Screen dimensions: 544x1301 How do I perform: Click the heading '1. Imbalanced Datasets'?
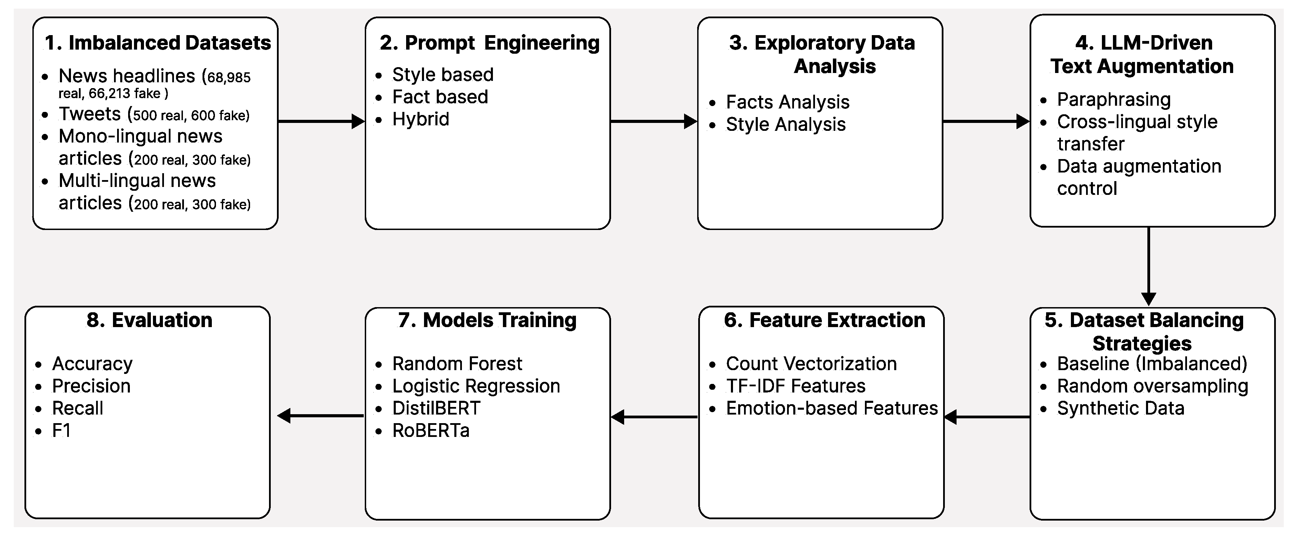(157, 43)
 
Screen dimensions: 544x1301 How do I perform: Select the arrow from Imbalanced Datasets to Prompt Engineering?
(321, 121)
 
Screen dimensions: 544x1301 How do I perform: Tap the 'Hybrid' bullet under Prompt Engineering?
(420, 119)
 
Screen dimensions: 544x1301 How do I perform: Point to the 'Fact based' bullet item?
(440, 97)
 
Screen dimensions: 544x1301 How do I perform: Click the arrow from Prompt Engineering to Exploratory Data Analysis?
(653, 121)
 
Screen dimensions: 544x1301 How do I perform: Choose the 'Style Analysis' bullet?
(785, 124)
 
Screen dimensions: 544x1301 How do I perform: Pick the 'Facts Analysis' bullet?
(787, 102)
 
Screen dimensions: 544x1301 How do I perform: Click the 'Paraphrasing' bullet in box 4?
(1114, 100)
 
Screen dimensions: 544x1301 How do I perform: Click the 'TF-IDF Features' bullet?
(795, 386)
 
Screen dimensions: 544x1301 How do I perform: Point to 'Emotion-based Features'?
(831, 408)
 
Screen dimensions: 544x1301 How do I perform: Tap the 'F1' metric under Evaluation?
(61, 430)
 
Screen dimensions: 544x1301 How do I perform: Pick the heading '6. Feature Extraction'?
(824, 321)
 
